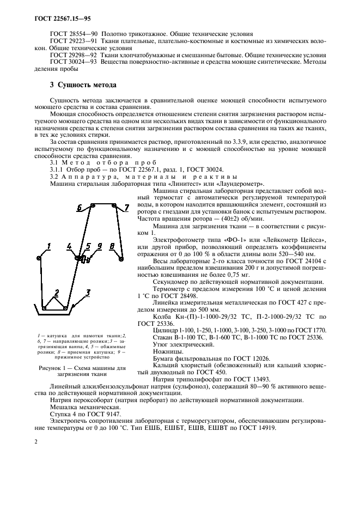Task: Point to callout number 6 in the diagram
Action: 80,207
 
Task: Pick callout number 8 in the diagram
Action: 112,246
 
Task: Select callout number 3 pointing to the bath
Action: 87,293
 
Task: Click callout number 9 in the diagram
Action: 99,246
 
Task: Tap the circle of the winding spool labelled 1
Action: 39,257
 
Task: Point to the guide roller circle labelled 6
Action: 93,205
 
